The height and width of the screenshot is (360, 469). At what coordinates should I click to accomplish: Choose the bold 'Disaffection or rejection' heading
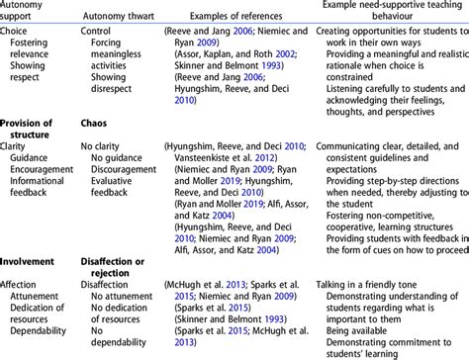click(x=120, y=270)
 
